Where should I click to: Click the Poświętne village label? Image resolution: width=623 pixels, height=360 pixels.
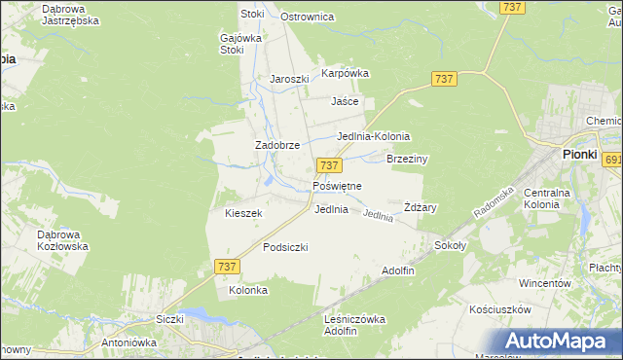(337, 186)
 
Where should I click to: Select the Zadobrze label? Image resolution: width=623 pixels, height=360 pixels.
(276, 145)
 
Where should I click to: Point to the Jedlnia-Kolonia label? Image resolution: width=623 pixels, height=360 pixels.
(373, 137)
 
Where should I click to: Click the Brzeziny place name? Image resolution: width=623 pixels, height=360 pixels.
(408, 159)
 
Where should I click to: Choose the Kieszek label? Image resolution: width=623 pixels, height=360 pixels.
(243, 213)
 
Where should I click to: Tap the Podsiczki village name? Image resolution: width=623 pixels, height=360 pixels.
(285, 247)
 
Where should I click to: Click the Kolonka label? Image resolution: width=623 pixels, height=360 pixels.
(247, 290)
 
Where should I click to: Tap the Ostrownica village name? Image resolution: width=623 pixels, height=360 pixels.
(307, 18)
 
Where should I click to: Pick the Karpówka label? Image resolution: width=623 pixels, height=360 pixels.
(346, 73)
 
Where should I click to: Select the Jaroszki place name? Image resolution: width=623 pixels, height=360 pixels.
(289, 80)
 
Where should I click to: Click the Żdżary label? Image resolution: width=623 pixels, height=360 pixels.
(421, 207)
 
